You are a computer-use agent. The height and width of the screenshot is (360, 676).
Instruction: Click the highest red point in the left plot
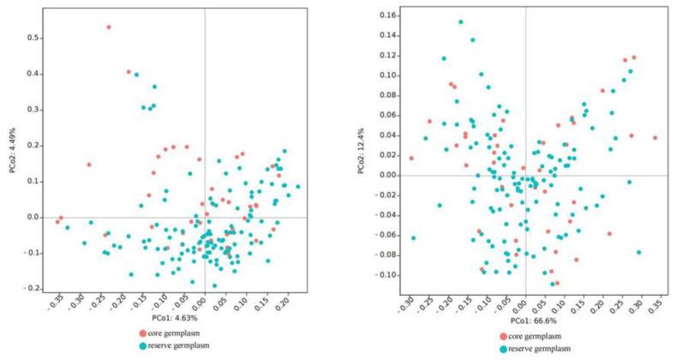click(x=109, y=27)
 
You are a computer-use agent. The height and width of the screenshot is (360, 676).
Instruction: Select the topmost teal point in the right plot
click(x=461, y=22)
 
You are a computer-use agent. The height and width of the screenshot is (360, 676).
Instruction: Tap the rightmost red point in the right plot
click(x=655, y=137)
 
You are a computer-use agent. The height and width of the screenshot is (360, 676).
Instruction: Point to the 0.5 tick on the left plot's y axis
click(x=31, y=38)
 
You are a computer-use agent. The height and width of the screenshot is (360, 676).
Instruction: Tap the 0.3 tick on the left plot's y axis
click(x=31, y=109)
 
